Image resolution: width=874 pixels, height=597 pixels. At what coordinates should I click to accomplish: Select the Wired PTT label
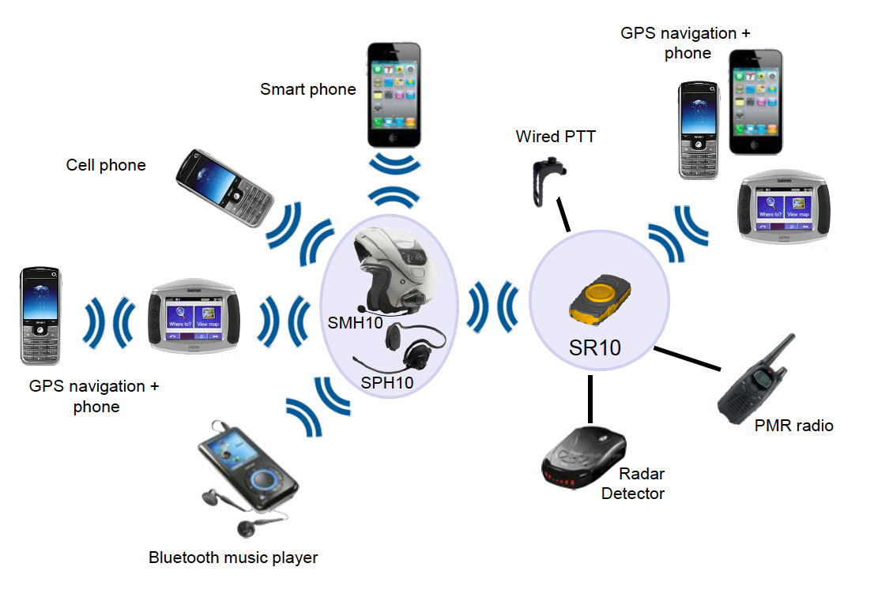[556, 137]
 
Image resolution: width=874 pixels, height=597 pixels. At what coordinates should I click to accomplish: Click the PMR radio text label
[794, 426]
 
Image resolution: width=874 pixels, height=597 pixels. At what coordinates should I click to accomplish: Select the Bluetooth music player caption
[233, 558]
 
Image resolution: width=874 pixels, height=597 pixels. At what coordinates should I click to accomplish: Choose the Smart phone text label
[308, 89]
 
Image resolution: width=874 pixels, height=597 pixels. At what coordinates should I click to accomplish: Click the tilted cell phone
[225, 187]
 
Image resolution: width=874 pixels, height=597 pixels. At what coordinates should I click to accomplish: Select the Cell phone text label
[106, 165]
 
